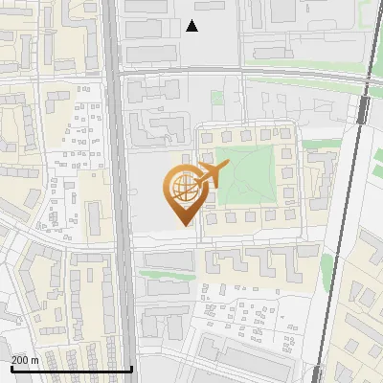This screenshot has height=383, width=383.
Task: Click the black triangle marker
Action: [x=192, y=26]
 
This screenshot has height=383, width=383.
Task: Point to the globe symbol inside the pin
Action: [x=182, y=188]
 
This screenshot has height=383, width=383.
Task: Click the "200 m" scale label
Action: [x=25, y=360]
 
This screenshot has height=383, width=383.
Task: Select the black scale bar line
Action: [x=71, y=369]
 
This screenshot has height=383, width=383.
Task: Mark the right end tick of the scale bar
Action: [x=131, y=367]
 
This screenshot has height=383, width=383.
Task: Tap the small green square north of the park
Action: [x=217, y=97]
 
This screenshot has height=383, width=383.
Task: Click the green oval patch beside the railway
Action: [x=327, y=268]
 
